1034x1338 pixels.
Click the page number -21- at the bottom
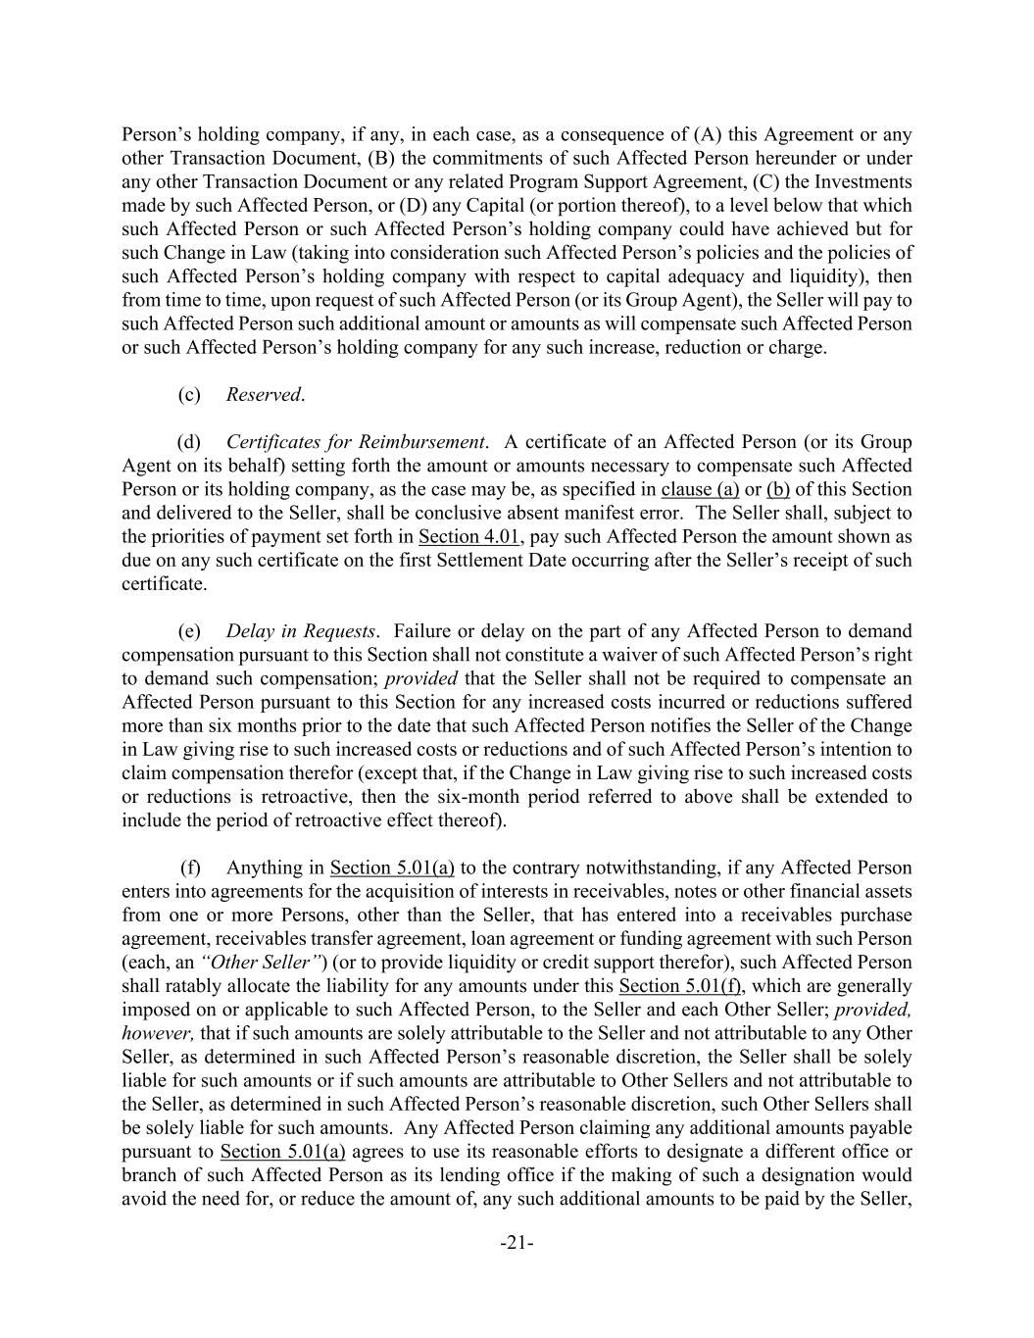[517, 1244]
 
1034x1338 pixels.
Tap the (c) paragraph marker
[189, 395]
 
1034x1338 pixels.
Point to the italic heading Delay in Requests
[301, 631]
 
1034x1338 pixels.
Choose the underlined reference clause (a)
[700, 490]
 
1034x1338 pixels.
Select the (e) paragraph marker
[189, 631]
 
